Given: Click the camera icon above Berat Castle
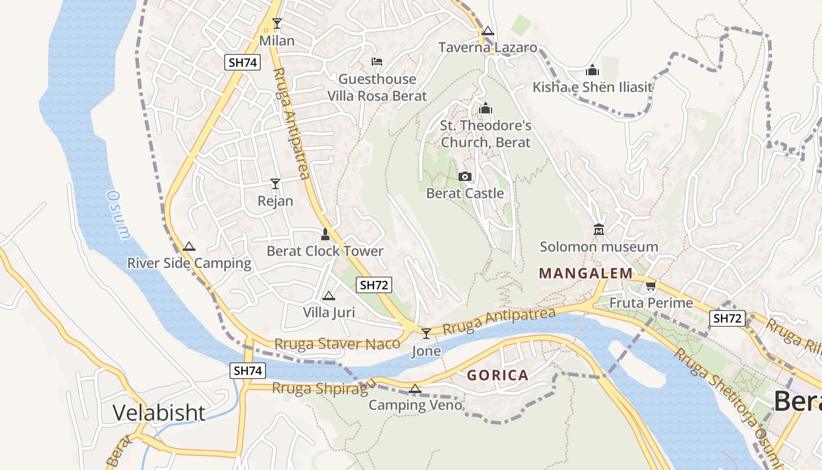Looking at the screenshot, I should (x=464, y=176).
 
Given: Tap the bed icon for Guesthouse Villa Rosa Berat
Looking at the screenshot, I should (x=377, y=62).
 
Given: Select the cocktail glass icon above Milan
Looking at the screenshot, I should (x=277, y=23).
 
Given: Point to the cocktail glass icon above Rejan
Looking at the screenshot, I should (x=275, y=184).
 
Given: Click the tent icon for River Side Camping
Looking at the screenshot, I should (x=188, y=247).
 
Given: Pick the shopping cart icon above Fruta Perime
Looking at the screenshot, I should (x=650, y=286).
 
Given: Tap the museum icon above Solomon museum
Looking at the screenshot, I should (x=599, y=229).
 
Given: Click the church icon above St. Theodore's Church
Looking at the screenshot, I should (x=485, y=108).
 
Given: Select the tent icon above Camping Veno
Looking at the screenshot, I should (x=415, y=388).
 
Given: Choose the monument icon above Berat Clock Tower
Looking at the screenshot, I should (x=325, y=234).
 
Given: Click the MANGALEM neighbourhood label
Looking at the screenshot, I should (x=585, y=273).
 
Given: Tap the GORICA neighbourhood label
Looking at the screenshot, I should (x=497, y=375).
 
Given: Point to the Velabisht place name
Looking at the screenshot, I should (x=159, y=413).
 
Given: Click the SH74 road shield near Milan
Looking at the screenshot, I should (x=242, y=63).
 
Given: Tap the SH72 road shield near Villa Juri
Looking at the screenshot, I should (x=374, y=286).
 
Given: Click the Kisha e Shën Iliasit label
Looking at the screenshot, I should (x=592, y=88).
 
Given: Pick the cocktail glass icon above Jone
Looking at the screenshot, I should (x=426, y=334).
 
